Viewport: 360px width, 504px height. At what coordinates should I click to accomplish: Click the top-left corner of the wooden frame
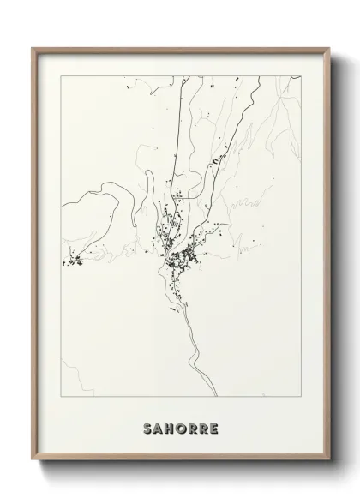33,48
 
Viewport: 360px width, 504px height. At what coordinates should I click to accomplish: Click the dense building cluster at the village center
181,257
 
